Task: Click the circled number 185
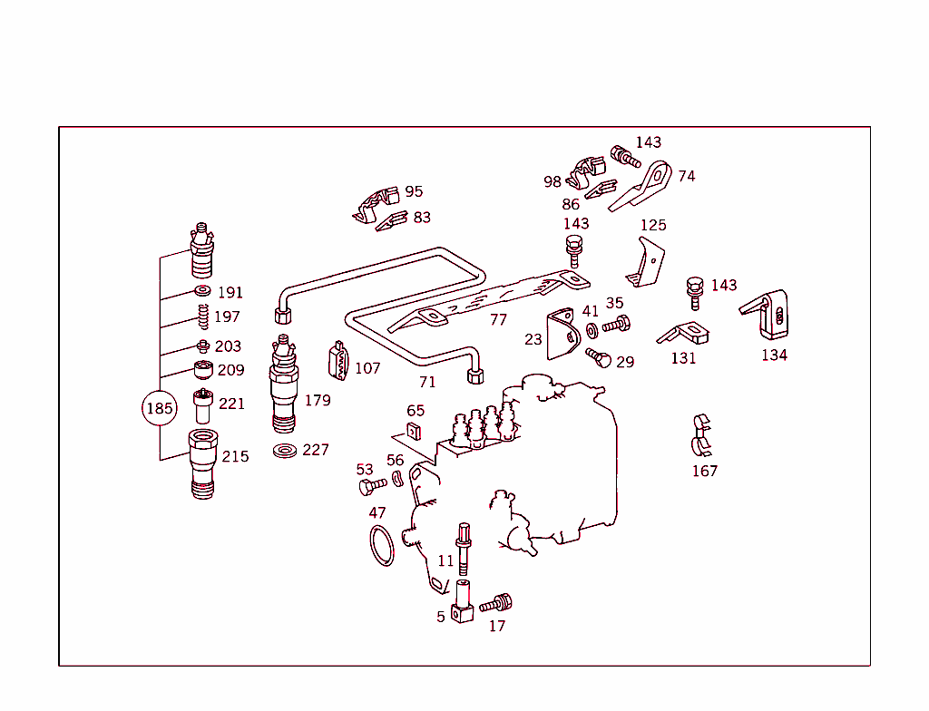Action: tap(159, 409)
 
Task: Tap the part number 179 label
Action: tap(318, 400)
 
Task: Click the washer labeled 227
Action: tap(285, 451)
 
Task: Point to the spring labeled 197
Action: tap(204, 317)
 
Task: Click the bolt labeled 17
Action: tap(496, 603)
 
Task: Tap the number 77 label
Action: tap(498, 320)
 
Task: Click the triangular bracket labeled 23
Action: tap(562, 336)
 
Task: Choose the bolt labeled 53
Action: tap(372, 487)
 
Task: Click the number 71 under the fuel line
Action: tap(426, 382)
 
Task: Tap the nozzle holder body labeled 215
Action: tap(203, 463)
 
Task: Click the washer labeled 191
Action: tap(201, 291)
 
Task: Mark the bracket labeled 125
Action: tap(646, 263)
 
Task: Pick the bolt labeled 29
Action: tap(599, 357)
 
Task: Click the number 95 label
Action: tap(414, 191)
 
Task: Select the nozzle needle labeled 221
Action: tap(202, 404)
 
